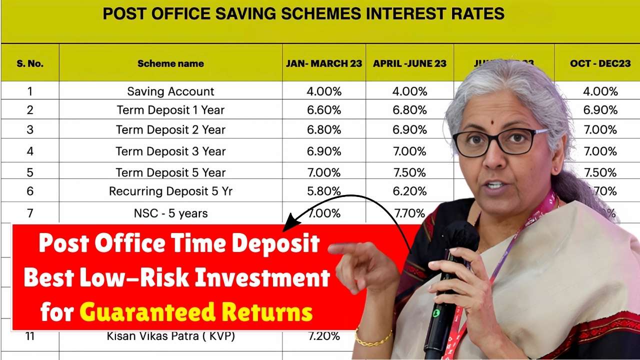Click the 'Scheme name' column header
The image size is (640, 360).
click(x=170, y=63)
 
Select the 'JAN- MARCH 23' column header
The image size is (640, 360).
click(x=324, y=63)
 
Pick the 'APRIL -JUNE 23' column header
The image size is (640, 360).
click(x=409, y=63)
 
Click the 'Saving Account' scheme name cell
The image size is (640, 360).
click(x=170, y=91)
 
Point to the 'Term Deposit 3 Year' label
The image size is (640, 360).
click(x=170, y=151)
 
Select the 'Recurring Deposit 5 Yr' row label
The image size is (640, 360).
click(x=170, y=191)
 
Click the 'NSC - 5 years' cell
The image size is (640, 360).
click(x=170, y=213)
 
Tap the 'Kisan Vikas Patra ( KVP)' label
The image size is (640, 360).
click(x=170, y=336)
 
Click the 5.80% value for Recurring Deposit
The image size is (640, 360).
click(x=324, y=191)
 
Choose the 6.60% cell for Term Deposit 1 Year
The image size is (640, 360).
click(x=324, y=110)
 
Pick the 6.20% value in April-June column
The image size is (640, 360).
click(x=409, y=191)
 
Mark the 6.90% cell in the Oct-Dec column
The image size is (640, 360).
click(x=600, y=110)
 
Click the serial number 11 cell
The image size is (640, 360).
click(x=30, y=336)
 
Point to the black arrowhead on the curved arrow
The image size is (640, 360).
click(x=289, y=222)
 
